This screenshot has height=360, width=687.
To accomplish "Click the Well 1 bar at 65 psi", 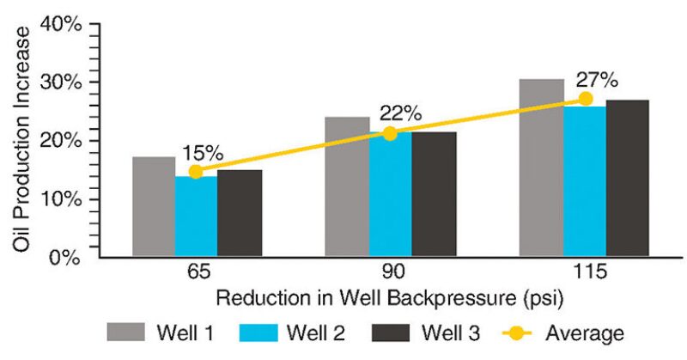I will tap(154, 207).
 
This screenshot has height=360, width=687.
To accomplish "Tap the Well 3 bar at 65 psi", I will tap(240, 213).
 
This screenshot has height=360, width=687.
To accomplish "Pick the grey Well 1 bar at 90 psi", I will tap(347, 187).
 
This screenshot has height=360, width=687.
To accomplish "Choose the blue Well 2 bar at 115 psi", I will tap(585, 182).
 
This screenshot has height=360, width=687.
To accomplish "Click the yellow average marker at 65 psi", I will tap(196, 172).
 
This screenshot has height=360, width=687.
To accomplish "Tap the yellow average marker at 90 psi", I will tap(390, 133).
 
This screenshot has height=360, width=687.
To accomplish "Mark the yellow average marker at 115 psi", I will tap(585, 99).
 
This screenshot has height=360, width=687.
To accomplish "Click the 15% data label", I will tap(203, 154).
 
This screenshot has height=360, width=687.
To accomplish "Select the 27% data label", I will tap(597, 80).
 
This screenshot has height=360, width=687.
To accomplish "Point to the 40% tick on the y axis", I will tap(61, 25).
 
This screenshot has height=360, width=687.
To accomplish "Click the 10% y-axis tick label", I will tap(61, 199).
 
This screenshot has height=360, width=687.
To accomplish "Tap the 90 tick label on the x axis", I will tap(391, 272).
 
